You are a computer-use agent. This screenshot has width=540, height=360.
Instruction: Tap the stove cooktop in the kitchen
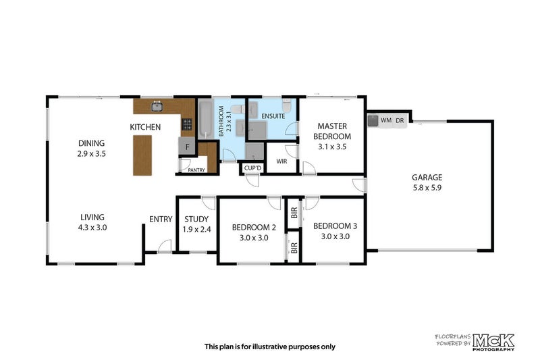(186, 125)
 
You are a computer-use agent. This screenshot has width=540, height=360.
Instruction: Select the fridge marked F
(185, 146)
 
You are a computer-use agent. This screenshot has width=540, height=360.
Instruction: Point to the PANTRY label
(197, 170)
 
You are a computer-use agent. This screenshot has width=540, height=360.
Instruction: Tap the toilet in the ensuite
(287, 106)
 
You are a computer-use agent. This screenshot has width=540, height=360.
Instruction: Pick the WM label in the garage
(386, 120)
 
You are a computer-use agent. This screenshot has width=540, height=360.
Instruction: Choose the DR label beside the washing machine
(400, 120)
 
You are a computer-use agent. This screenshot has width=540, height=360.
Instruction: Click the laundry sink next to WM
(373, 120)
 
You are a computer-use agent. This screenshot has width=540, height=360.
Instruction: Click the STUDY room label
(196, 219)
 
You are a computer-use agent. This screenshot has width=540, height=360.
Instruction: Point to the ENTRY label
(160, 219)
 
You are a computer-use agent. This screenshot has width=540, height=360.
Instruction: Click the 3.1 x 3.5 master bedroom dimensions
(332, 146)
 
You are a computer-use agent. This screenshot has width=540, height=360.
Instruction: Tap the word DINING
(91, 143)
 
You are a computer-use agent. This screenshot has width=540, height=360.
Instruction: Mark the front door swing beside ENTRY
(162, 246)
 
